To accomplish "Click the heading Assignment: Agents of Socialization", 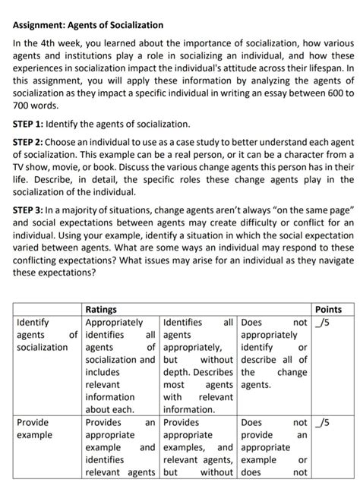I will click(x=87, y=25).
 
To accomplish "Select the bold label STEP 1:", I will click(x=28, y=123).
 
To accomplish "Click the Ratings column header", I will click(x=101, y=310).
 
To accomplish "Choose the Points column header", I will click(x=328, y=310).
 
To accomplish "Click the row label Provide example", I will click(x=34, y=428).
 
